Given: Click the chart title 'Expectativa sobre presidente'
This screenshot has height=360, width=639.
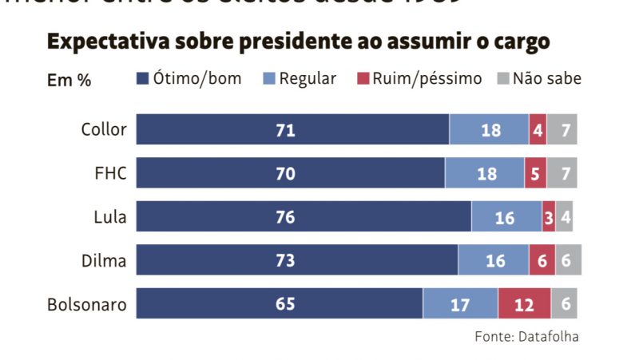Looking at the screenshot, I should (299, 42).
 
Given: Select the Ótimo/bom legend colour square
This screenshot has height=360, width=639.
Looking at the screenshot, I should (143, 78).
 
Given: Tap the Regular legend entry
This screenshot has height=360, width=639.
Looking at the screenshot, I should (300, 78).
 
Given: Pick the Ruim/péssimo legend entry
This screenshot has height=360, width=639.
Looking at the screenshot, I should (419, 78).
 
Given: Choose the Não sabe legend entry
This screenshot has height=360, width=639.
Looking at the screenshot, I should (539, 78).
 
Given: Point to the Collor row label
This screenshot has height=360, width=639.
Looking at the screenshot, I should (104, 129).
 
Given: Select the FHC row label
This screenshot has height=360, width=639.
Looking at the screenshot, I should (110, 172).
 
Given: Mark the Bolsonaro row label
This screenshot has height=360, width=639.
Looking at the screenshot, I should (87, 304).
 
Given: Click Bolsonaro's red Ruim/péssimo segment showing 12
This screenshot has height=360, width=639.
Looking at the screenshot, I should (524, 304).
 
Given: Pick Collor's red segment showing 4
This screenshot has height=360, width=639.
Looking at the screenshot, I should (538, 129).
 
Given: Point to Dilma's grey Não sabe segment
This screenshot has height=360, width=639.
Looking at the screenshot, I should (568, 260).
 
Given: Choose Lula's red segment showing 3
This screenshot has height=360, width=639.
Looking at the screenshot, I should (549, 216).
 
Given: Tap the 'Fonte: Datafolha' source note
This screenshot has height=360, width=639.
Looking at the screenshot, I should (526, 337).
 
